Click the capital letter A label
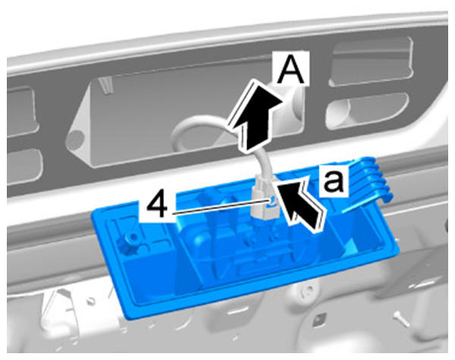[x=290, y=68]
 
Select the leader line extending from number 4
[x=220, y=207]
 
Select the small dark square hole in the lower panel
[x=319, y=318]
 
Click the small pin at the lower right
[x=402, y=318]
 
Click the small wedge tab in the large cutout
[x=105, y=85]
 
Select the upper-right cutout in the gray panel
[x=372, y=61]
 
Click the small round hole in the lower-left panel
[x=92, y=301]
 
